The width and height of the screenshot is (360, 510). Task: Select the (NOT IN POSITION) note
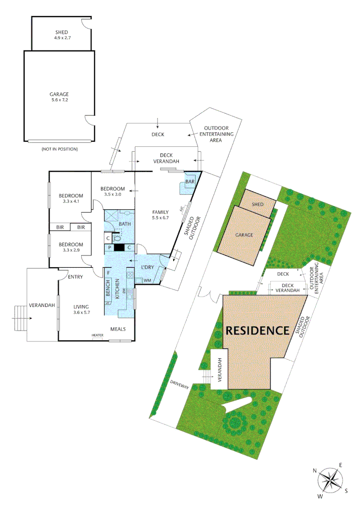click(x=59, y=149)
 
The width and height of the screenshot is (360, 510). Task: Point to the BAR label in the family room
click(x=190, y=181)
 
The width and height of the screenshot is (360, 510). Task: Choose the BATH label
click(x=125, y=224)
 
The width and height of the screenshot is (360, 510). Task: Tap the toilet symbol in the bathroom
click(x=117, y=239)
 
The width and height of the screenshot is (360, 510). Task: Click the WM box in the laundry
click(x=146, y=281)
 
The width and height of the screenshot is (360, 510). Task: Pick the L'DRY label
click(x=148, y=268)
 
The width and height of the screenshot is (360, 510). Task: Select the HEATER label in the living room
click(x=98, y=336)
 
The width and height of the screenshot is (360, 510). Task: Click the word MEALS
click(x=118, y=329)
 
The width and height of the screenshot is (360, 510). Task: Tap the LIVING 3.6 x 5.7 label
click(x=81, y=309)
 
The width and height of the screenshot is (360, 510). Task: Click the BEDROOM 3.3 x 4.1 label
click(x=71, y=198)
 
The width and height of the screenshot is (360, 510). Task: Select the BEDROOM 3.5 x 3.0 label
click(x=112, y=191)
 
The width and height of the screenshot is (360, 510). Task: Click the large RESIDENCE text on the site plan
click(x=257, y=330)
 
